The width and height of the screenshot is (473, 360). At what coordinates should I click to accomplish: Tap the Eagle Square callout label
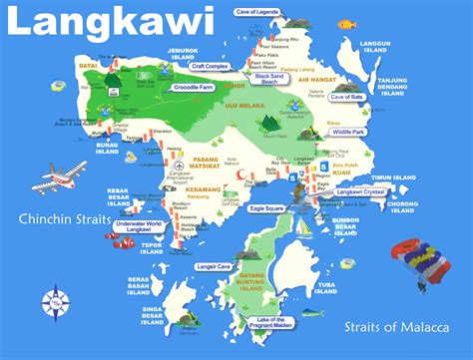(275, 208)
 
